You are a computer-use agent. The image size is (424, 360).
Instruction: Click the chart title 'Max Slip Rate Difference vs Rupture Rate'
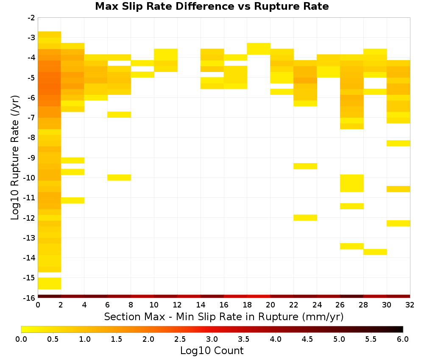(x=212, y=6)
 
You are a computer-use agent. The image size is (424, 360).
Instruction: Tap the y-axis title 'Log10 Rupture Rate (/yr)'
(x=15, y=158)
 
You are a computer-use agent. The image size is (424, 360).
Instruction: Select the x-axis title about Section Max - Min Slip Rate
(x=224, y=316)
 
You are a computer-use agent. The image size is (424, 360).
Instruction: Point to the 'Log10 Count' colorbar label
(x=212, y=351)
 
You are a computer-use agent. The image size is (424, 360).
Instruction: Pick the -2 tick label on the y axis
(x=31, y=18)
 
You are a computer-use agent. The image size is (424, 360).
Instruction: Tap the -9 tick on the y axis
(x=31, y=158)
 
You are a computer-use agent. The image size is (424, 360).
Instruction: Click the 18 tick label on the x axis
(x=247, y=305)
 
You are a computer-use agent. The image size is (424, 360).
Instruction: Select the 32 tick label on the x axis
(x=410, y=305)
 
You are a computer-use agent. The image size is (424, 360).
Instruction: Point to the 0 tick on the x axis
(x=38, y=305)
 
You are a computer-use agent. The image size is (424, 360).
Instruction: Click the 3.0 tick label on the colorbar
(x=212, y=339)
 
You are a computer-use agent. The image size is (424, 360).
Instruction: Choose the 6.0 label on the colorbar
(x=403, y=339)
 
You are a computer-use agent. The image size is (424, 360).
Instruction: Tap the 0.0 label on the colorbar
(x=21, y=339)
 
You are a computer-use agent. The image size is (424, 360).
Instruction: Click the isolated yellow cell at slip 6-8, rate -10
(x=119, y=177)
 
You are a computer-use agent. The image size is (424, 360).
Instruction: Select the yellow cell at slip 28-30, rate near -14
(x=375, y=252)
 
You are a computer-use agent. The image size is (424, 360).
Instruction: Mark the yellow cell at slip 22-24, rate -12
(x=305, y=217)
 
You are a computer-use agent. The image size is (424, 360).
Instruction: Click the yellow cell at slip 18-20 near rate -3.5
(x=259, y=49)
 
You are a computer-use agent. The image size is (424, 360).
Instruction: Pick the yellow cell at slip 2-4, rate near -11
(x=73, y=200)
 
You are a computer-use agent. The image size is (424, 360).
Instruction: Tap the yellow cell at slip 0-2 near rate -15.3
(x=50, y=283)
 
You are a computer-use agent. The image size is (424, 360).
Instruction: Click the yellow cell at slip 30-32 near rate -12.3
(x=398, y=223)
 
